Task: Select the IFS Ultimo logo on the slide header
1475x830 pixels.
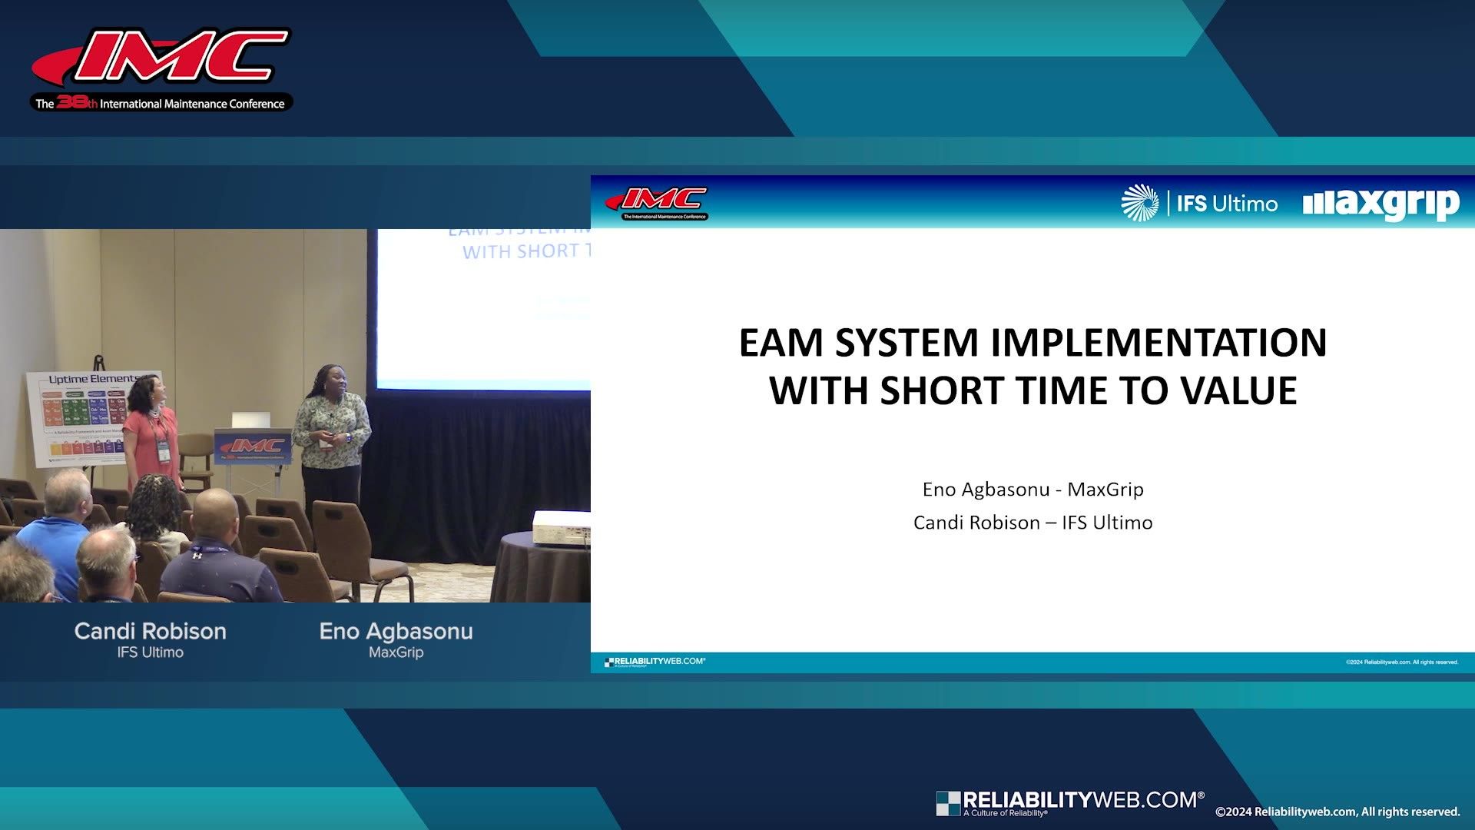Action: point(1199,204)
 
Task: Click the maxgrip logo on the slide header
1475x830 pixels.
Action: point(1381,204)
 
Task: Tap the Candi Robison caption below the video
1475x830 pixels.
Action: point(151,632)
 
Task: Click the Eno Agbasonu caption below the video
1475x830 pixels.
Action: point(396,632)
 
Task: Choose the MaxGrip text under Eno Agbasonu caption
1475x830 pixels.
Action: point(396,652)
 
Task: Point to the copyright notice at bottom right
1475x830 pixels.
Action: point(1337,812)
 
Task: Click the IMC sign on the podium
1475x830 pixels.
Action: point(253,446)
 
